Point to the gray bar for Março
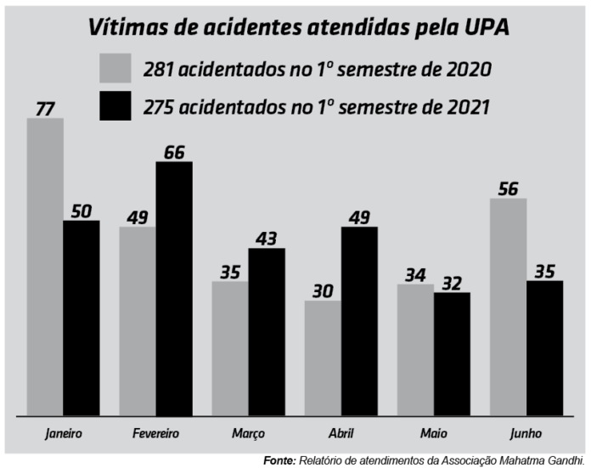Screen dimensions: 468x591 pyautogui.click(x=229, y=348)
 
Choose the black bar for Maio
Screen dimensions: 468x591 pyautogui.click(x=452, y=354)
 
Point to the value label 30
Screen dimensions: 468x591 pyautogui.click(x=322, y=290)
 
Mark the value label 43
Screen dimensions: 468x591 pyautogui.click(x=266, y=239)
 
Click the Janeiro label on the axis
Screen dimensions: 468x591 pyautogui.click(x=64, y=433)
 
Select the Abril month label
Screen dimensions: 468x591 pyautogui.click(x=341, y=433)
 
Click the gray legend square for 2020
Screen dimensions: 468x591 pyautogui.click(x=115, y=68)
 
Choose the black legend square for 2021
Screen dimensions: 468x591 pyautogui.click(x=115, y=105)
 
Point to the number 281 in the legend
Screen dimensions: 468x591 pyautogui.click(x=161, y=69)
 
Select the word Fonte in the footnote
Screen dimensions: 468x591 pyautogui.click(x=278, y=460)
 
